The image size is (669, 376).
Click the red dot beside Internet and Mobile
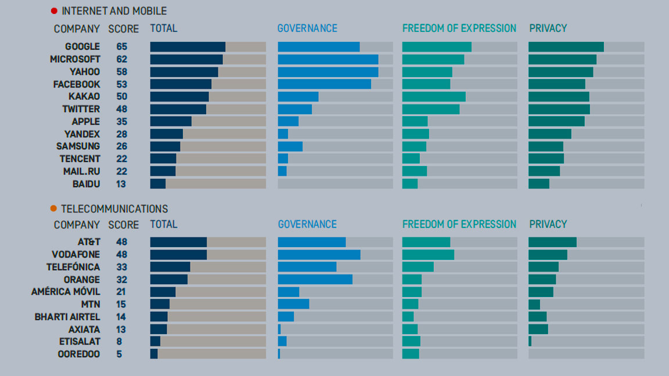(54, 11)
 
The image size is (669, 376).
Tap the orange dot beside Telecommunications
(53, 209)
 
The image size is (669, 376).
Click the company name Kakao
(84, 96)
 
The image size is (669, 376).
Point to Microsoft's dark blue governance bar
(328, 59)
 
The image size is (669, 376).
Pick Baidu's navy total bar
(158, 184)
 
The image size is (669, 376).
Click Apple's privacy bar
(556, 121)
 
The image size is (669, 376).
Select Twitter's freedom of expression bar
(431, 109)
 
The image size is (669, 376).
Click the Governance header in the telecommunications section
(307, 225)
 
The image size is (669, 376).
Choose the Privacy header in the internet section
(548, 28)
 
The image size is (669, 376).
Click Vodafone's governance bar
(319, 255)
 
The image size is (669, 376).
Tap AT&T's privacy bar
(552, 242)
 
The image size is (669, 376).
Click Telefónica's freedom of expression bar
(418, 267)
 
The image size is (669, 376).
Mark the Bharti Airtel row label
(67, 317)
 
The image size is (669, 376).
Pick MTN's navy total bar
(160, 304)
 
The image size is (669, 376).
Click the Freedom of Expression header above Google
(459, 28)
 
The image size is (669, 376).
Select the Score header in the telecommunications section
(124, 225)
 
